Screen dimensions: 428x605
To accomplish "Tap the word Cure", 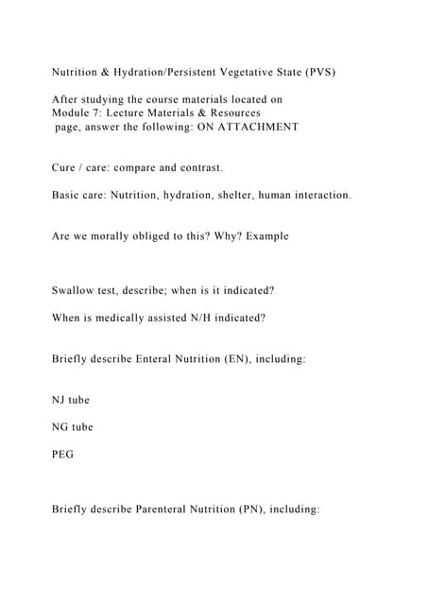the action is pyautogui.click(x=65, y=168).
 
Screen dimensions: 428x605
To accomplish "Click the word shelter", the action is pyautogui.click(x=249, y=196).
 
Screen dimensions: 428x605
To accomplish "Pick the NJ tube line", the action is pyautogui.click(x=71, y=401).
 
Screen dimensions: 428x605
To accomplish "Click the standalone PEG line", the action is pyautogui.click(x=62, y=455).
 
